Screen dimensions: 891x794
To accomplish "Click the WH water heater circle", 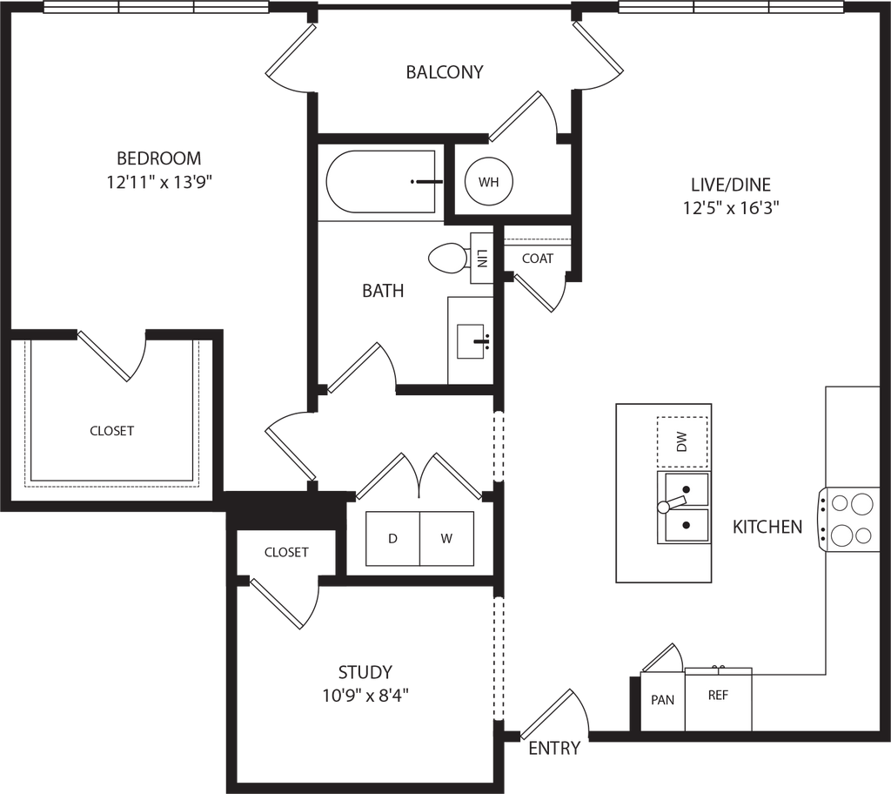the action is (488, 182).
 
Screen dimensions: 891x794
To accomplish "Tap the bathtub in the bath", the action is (380, 182).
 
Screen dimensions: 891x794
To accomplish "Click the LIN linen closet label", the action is (481, 258).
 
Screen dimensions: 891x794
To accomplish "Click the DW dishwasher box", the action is (681, 442).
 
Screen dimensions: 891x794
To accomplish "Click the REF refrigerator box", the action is (718, 696).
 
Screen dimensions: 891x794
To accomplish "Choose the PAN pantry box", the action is (663, 700).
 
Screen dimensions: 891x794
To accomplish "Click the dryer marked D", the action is (392, 539).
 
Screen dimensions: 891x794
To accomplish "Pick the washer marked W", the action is (446, 539).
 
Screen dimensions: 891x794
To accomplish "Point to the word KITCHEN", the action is (767, 527).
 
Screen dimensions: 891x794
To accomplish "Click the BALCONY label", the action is (445, 73).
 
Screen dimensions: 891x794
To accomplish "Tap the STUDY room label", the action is (366, 672).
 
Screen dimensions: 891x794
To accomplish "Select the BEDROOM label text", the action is (160, 159).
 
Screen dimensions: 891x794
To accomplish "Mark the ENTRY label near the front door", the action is (555, 747).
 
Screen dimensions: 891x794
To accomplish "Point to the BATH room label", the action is (384, 293).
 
